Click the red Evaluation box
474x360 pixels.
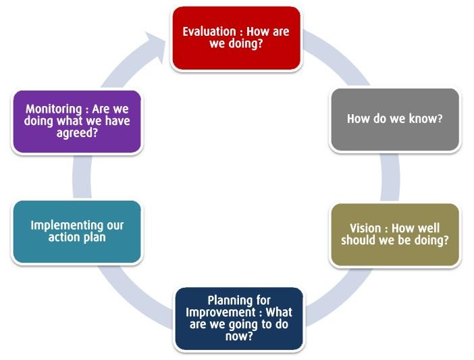[236, 38]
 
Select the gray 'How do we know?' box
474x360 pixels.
[395, 120]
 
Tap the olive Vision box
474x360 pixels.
[395, 234]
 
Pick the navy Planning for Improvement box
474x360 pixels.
[239, 319]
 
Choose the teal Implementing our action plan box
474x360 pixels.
[77, 232]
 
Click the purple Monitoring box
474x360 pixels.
[77, 122]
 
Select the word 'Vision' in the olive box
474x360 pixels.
[365, 228]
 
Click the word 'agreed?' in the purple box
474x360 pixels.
[77, 133]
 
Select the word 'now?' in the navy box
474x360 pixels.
[239, 336]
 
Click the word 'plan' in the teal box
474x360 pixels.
[95, 238]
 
